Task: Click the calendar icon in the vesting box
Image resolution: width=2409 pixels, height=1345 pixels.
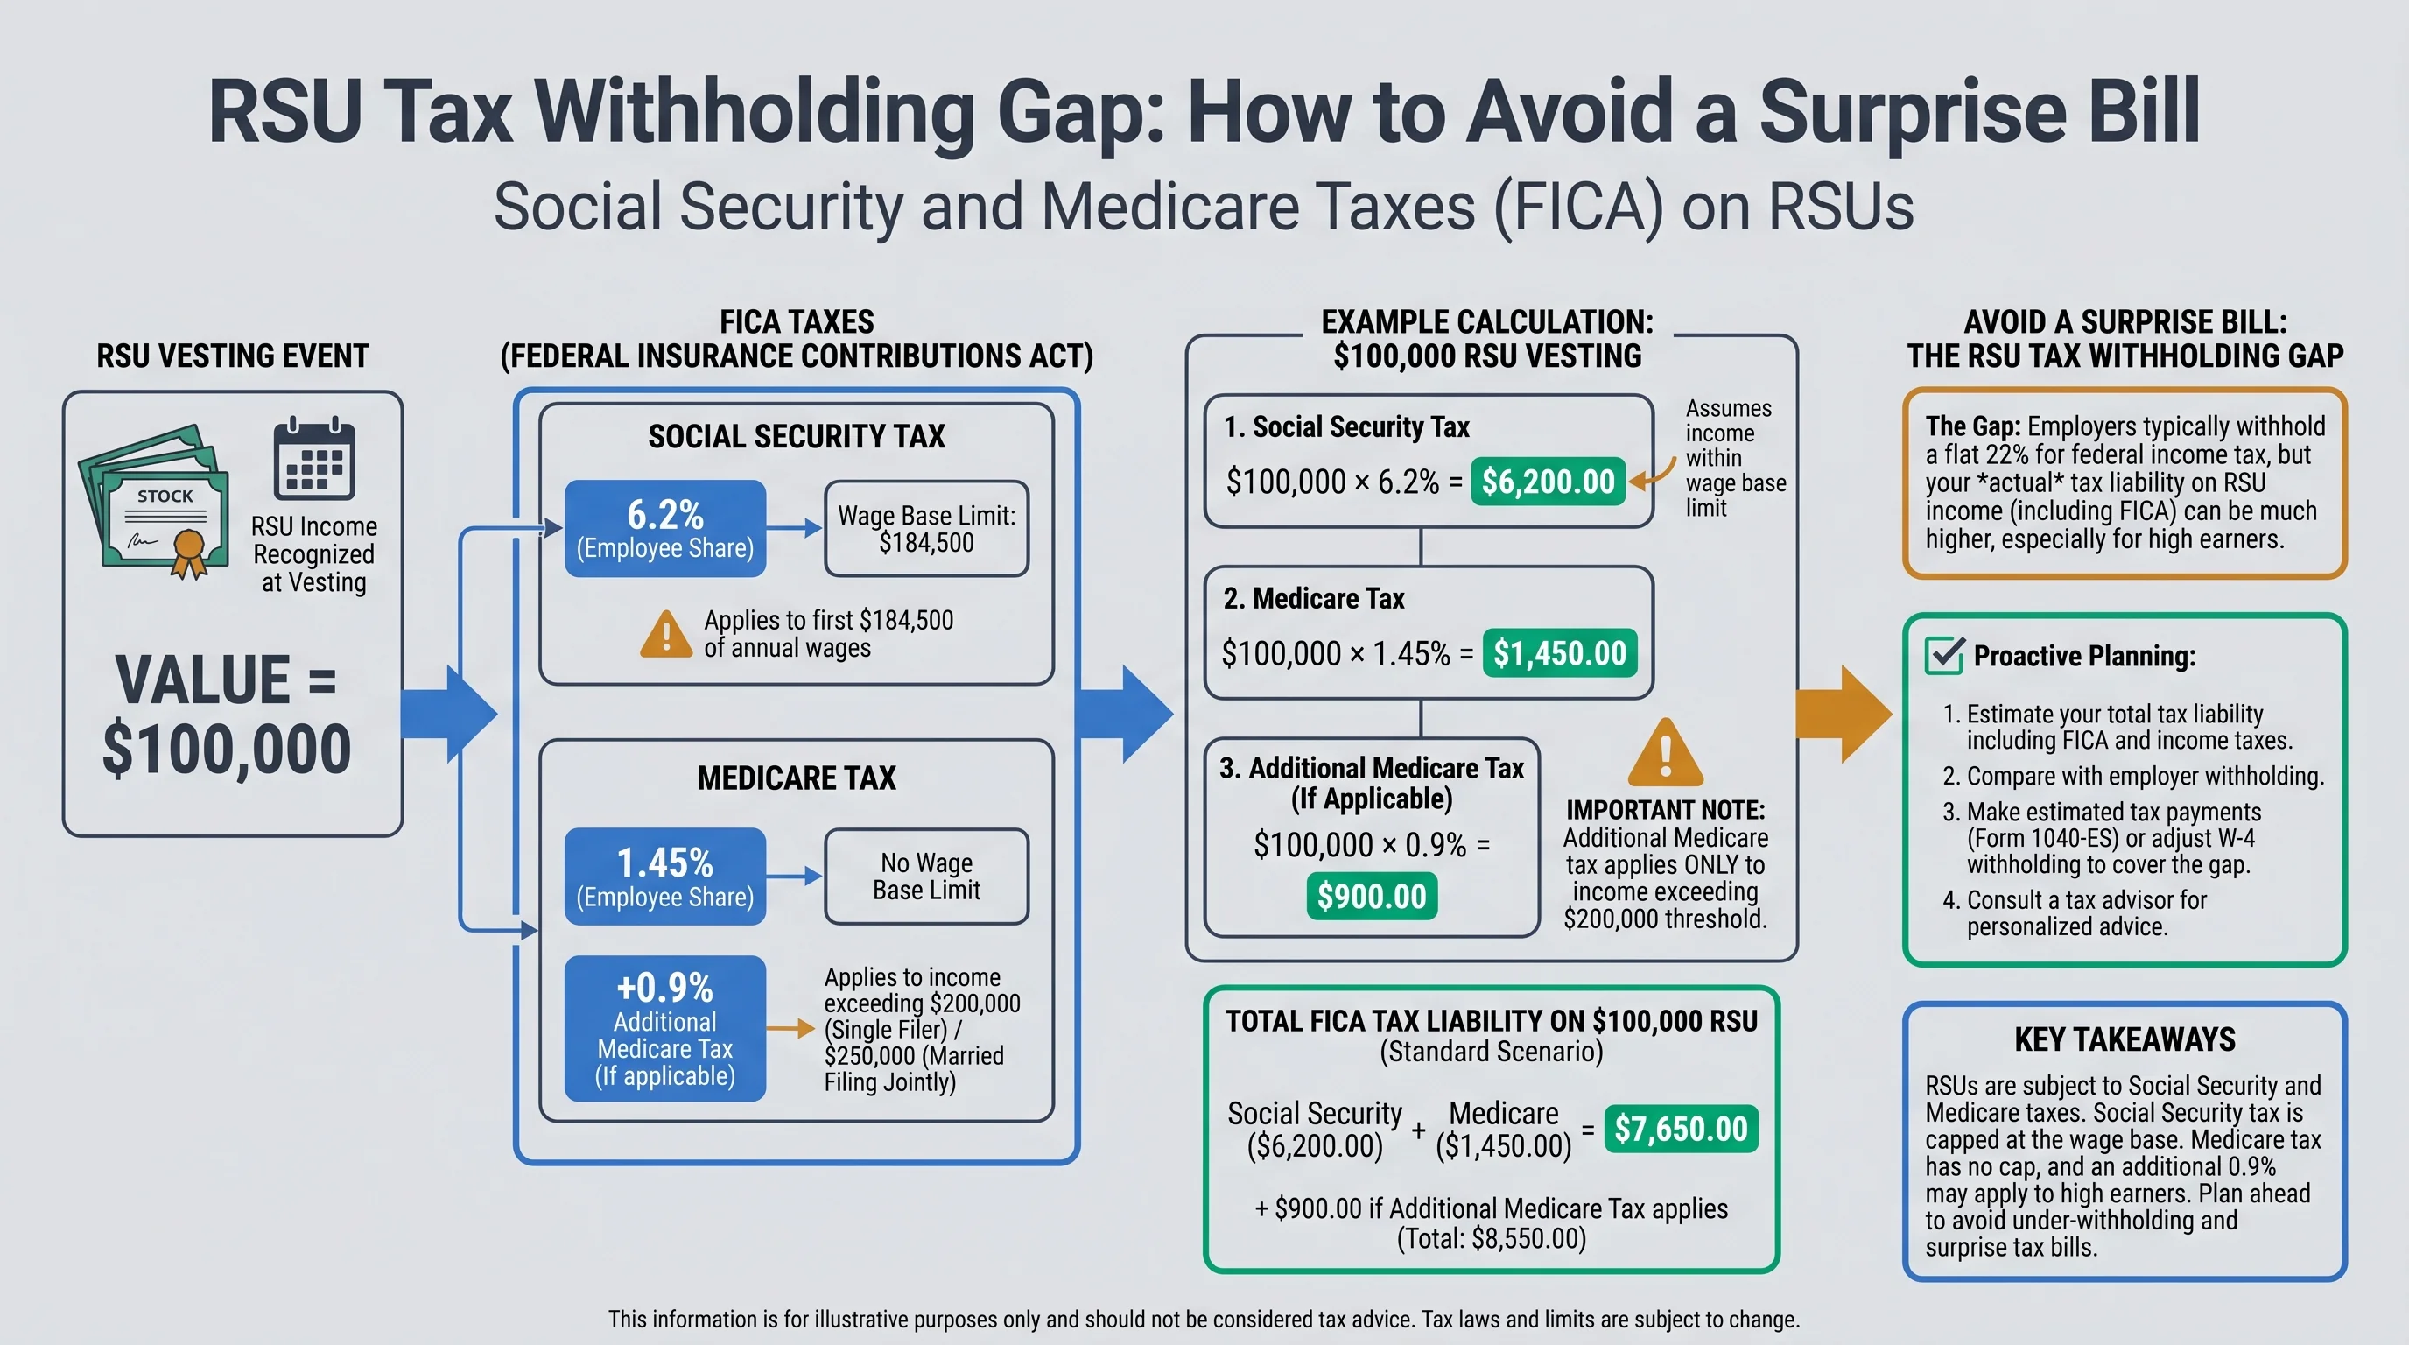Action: pos(314,459)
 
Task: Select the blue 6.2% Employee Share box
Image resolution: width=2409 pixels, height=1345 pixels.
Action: pos(665,529)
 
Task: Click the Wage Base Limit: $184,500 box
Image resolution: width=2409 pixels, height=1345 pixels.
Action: pos(926,529)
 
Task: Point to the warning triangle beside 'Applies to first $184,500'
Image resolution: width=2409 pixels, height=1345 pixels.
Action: pos(666,635)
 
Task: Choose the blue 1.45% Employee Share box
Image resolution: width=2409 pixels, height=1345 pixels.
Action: pos(665,877)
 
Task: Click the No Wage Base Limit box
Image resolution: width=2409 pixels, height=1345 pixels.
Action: pos(926,877)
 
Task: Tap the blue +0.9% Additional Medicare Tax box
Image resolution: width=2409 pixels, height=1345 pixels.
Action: pos(665,1028)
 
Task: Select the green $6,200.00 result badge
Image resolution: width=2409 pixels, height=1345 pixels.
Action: pos(1548,482)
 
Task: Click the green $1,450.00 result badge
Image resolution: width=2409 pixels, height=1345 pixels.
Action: pos(1560,653)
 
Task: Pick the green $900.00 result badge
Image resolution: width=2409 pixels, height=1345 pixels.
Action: pos(1371,896)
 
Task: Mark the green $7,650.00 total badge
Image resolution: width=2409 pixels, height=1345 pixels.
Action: pos(1681,1129)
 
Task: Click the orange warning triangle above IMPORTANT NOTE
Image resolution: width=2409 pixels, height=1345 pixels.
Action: pos(1665,754)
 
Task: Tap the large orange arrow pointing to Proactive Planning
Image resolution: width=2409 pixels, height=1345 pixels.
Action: pos(1843,715)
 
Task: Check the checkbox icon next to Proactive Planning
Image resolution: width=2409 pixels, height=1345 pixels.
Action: pos(1944,655)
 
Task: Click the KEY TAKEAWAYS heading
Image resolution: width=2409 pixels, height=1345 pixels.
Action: pos(2125,1039)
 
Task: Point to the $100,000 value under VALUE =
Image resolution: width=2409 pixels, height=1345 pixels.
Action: pos(227,750)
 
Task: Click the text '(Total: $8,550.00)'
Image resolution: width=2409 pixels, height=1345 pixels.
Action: pos(1492,1238)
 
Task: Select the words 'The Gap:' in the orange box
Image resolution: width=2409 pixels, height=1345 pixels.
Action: pos(1972,426)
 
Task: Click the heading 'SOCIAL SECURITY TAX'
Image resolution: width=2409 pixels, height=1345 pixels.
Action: pos(796,436)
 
